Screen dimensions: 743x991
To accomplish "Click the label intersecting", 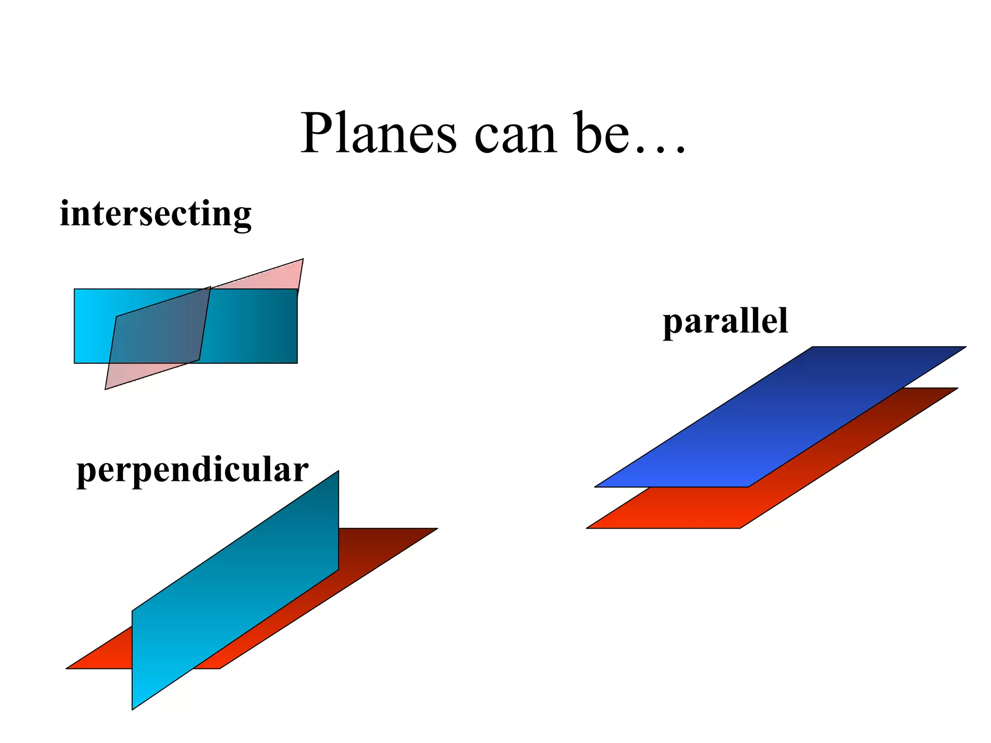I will [155, 214].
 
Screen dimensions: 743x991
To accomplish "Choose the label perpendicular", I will [192, 470].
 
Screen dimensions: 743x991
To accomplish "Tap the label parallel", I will [725, 321].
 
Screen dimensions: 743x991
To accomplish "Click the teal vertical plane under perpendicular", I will [235, 590].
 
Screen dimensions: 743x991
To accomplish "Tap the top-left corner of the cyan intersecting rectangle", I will [75, 290].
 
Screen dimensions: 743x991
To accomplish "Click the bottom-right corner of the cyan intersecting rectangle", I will [296, 362].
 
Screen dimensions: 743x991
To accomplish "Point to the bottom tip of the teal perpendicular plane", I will [133, 708].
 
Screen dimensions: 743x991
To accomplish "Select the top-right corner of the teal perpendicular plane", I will [338, 472].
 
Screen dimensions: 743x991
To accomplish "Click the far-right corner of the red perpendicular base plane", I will [435, 529].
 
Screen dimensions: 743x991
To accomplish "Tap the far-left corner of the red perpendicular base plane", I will [68, 668].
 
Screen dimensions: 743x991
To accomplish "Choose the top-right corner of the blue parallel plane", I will [964, 347].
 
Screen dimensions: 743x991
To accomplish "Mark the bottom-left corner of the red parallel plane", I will [588, 528].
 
